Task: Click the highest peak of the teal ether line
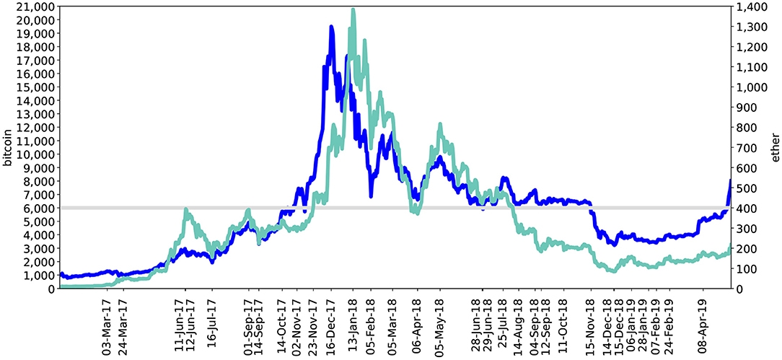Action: [x=352, y=10]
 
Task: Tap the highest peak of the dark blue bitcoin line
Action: [x=331, y=27]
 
